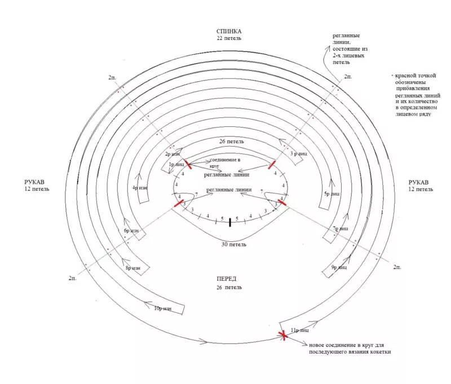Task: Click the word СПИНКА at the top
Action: point(229,31)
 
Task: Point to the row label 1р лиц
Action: point(176,164)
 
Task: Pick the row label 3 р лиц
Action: point(298,153)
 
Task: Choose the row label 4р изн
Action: point(140,187)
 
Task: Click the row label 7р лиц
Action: point(341,228)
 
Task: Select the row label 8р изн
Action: point(133,267)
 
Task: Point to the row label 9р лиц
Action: point(339,267)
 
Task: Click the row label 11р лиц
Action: point(299,330)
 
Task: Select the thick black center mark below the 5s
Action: point(230,222)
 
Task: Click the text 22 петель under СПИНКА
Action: point(229,38)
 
